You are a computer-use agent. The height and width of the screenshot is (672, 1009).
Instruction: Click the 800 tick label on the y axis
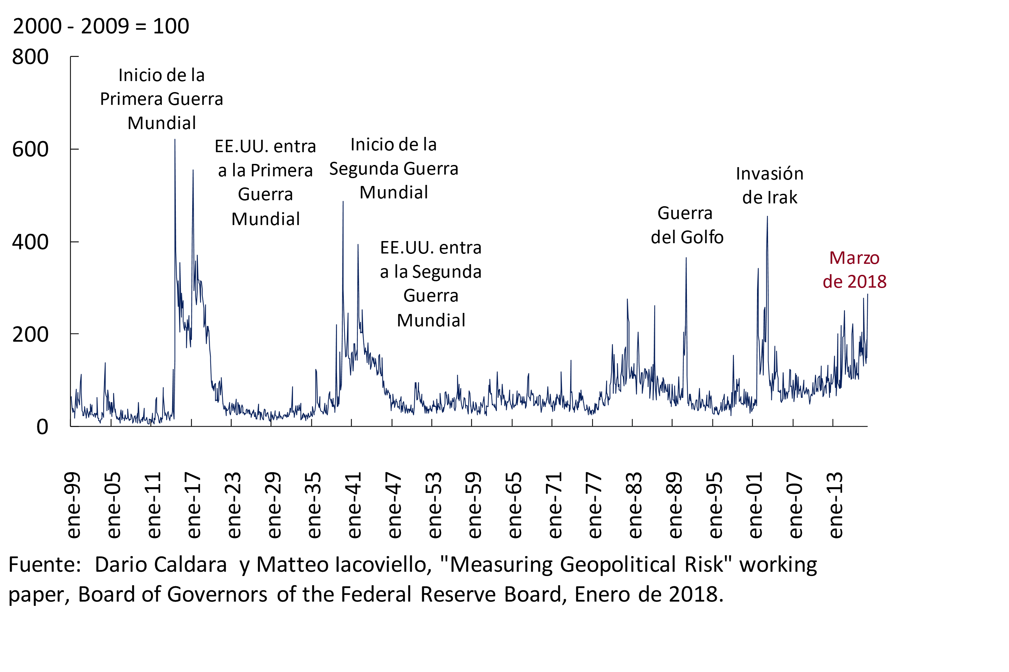(30, 57)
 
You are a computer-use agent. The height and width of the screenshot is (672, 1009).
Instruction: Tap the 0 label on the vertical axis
(42, 427)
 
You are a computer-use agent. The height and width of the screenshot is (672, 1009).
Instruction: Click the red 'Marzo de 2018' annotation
(854, 270)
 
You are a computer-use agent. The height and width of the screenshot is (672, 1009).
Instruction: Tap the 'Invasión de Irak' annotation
(769, 186)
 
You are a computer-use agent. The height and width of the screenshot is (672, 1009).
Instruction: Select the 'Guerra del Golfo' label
(687, 225)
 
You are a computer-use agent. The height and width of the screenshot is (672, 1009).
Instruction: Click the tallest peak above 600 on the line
(175, 140)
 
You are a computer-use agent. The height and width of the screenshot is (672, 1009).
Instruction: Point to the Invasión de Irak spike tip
(767, 217)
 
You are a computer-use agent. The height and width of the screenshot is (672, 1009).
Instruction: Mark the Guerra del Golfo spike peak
(686, 258)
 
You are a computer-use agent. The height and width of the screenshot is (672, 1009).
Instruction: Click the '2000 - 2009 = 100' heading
(101, 26)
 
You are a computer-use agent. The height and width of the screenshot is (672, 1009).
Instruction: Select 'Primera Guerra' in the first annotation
(161, 99)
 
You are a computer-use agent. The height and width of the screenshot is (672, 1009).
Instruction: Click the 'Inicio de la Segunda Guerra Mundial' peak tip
(343, 202)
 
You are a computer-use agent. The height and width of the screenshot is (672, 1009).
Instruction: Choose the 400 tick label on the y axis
(30, 242)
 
